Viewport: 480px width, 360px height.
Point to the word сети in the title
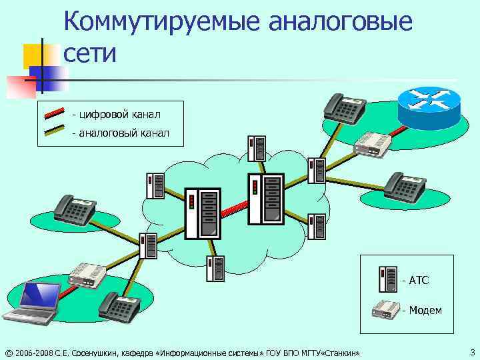coord(91,53)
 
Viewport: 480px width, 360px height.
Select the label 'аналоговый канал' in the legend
coord(124,133)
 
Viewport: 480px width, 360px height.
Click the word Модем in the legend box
coord(425,310)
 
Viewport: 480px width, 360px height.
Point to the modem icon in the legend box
coord(387,309)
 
